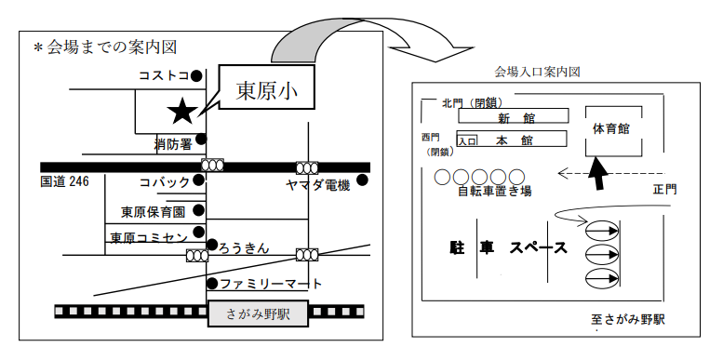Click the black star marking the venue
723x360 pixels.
coord(182,112)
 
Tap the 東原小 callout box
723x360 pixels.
coord(267,87)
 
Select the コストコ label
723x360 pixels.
coord(164,75)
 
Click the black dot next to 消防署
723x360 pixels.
coord(201,139)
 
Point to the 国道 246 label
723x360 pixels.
coord(64,181)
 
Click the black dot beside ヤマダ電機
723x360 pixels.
coord(362,180)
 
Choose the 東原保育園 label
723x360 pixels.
coord(154,211)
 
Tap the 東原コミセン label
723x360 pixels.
coord(149,237)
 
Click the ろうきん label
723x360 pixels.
coord(244,248)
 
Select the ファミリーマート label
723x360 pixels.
coord(271,284)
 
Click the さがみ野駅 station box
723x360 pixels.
coord(258,313)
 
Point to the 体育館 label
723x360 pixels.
coord(611,128)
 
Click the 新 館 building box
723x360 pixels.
coord(514,115)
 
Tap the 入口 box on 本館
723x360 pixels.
coord(466,140)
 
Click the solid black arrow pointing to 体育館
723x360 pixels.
coord(597,173)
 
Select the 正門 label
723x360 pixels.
coord(665,190)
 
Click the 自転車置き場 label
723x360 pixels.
coord(494,191)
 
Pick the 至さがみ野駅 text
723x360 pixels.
coord(628,319)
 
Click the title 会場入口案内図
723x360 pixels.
coord(537,72)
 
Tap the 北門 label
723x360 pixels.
coord(452,103)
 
